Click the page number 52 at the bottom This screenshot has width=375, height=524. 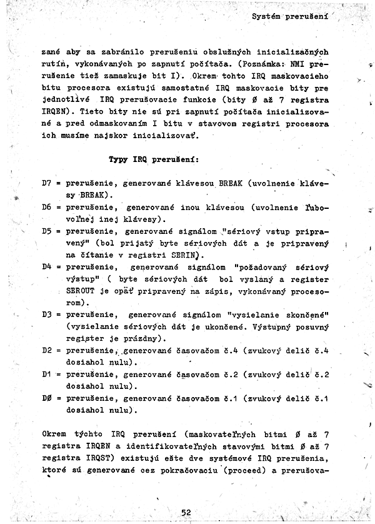pyautogui.click(x=186, y=511)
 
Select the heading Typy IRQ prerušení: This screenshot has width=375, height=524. pyautogui.click(x=154, y=159)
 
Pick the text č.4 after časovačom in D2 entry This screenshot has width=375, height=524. pyautogui.click(x=231, y=350)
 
